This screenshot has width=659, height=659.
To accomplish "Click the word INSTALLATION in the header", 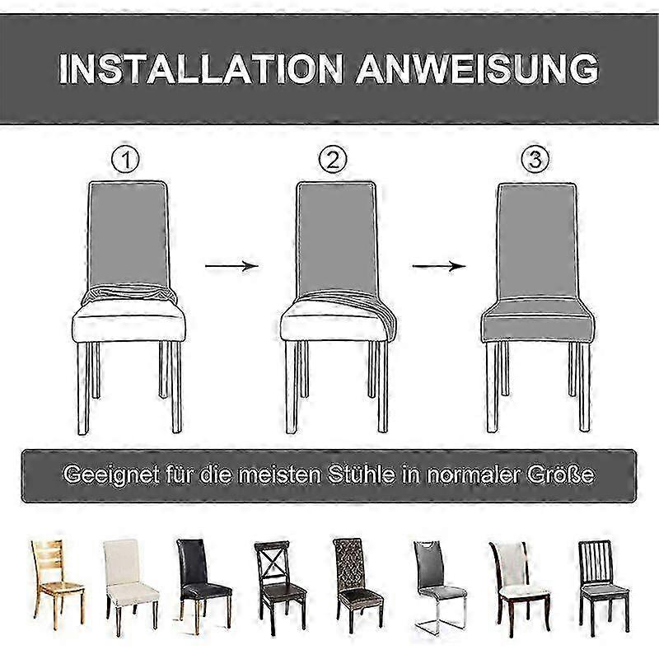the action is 200,69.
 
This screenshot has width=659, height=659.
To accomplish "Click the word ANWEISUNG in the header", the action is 477,69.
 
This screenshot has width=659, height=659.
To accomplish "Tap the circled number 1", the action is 125,160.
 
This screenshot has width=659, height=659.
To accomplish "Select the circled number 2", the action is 333,160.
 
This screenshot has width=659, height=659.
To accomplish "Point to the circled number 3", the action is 535,160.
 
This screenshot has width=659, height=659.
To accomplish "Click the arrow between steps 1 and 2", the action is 231,266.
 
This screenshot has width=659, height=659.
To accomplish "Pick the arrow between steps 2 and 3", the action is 439,266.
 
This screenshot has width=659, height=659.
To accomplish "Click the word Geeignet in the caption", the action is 111,475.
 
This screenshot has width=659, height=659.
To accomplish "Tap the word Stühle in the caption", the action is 362,474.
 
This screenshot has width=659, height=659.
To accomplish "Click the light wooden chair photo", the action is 58,584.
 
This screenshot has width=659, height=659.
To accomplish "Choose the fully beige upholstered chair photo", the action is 132,587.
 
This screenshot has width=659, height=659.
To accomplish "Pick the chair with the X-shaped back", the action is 280,587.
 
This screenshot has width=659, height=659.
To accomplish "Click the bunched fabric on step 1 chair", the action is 129,295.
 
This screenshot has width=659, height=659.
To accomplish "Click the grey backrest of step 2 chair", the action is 336,237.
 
